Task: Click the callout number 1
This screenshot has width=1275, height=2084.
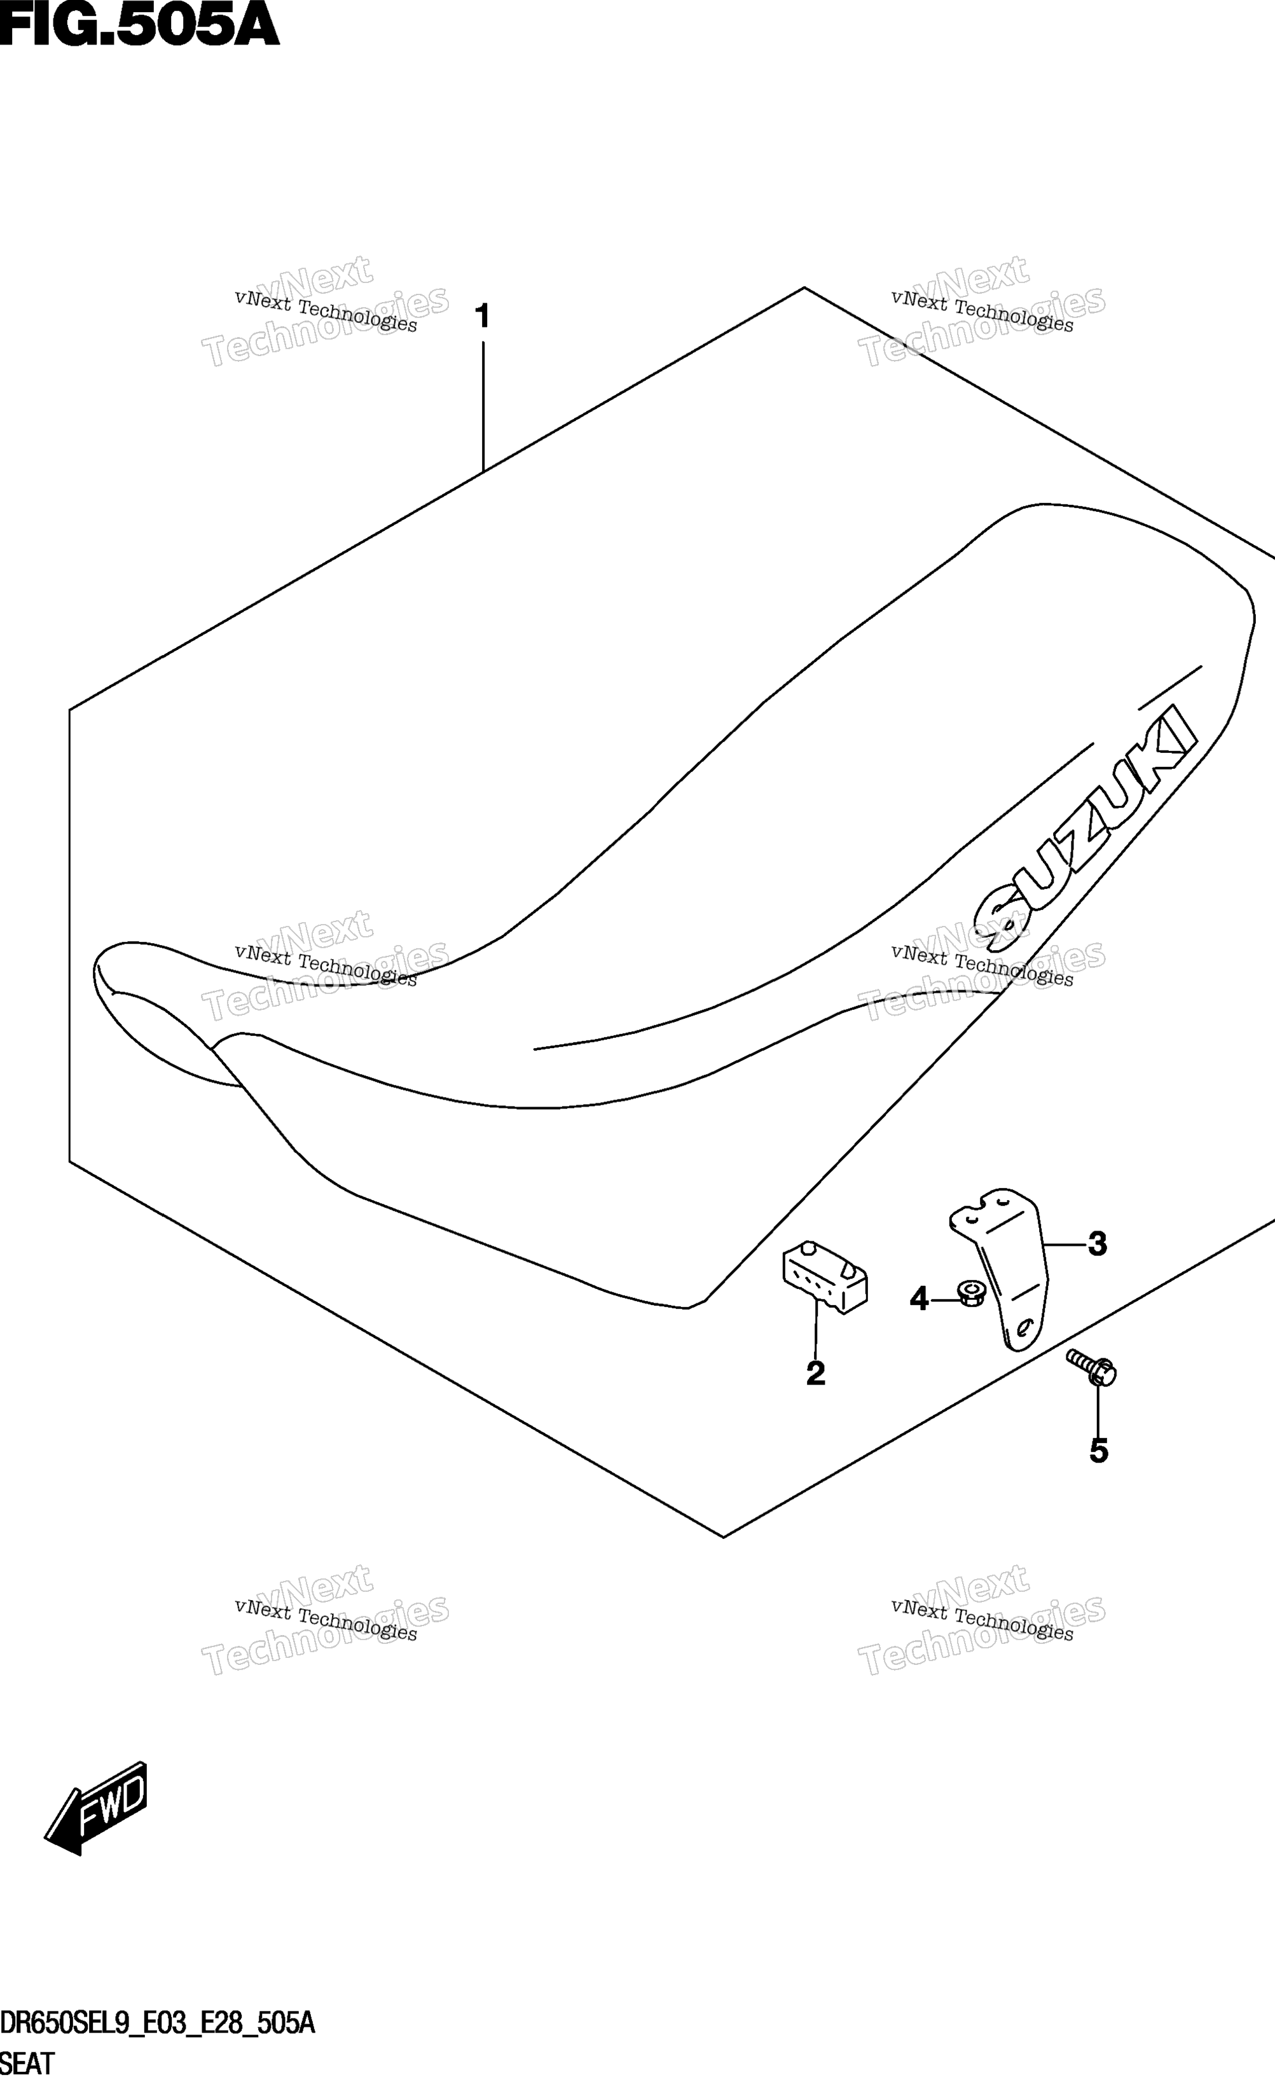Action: (x=482, y=317)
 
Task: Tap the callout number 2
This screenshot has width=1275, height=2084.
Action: (x=816, y=1373)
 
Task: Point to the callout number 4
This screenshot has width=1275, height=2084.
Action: (x=919, y=1298)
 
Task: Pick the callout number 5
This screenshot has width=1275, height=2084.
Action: (x=1098, y=1451)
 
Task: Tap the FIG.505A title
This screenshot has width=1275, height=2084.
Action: (x=139, y=25)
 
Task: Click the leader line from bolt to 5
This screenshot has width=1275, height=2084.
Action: (x=1098, y=1407)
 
